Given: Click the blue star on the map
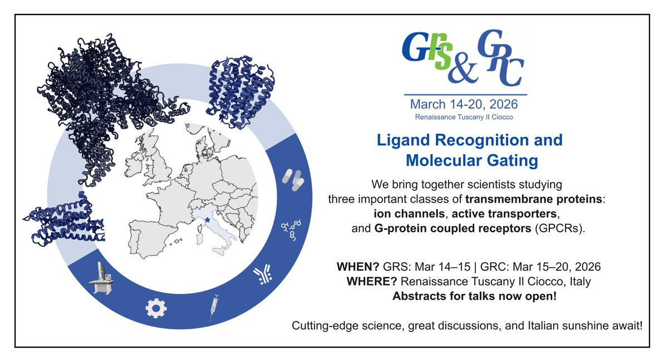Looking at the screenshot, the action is tap(208, 220).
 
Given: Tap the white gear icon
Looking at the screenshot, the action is tap(156, 308).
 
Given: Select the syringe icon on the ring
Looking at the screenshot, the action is tap(214, 308).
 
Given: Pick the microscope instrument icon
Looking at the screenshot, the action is tap(101, 278).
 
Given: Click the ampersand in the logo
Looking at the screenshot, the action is tap(463, 71).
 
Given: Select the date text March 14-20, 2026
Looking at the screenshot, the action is tap(464, 104).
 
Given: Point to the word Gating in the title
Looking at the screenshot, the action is tap(512, 160).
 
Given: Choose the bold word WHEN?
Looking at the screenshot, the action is tap(357, 267).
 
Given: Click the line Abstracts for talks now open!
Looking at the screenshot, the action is tap(474, 296).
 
